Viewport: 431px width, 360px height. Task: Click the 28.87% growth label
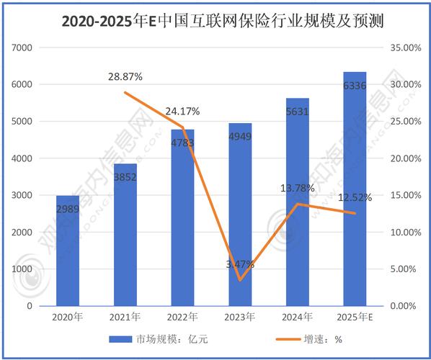pos(125,76)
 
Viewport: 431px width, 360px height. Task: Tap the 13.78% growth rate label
pos(298,189)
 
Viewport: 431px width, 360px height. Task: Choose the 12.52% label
pos(355,198)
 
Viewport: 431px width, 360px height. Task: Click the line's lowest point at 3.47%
pos(240,279)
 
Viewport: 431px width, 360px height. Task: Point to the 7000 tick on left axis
pos(24,48)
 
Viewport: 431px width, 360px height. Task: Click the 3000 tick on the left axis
pos(24,196)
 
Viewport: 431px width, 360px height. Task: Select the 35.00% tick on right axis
pos(398,48)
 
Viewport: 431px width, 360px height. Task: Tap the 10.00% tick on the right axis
pos(398,233)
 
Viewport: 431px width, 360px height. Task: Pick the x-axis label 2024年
pos(298,317)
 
